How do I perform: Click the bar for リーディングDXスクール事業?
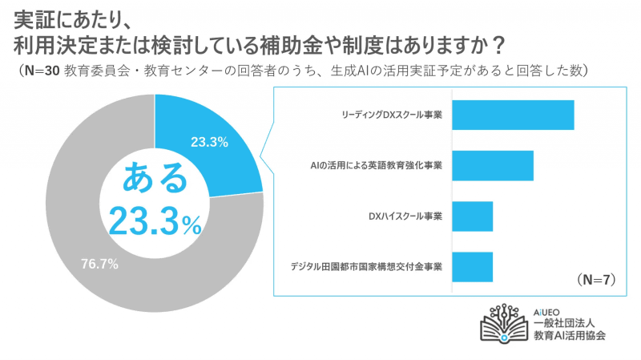514,115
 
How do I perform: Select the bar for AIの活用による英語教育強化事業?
493,165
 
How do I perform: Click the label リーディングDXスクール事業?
393,115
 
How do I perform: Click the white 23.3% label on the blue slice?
210,143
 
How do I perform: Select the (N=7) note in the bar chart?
595,280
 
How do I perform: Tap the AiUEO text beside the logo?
550,309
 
